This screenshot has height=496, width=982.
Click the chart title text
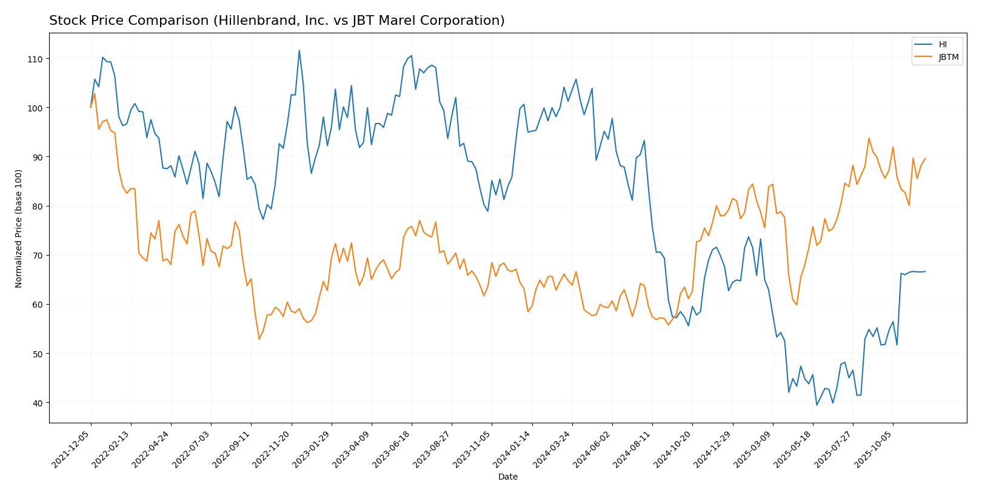276,21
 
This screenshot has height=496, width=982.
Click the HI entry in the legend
943,44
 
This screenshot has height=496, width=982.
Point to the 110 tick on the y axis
34,59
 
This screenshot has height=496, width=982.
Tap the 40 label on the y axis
36,403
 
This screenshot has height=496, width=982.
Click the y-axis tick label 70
36,256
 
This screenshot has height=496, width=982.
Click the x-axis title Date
507,477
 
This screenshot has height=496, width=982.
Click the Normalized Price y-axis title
19,228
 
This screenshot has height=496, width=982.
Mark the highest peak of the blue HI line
299,50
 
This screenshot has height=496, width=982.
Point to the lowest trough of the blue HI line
817,405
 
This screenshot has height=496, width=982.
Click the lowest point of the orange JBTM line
259,339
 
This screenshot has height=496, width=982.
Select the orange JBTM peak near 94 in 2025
869,138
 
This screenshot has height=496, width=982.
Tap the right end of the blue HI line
925,271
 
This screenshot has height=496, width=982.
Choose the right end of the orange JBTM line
925,159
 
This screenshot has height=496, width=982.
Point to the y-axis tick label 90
36,157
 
